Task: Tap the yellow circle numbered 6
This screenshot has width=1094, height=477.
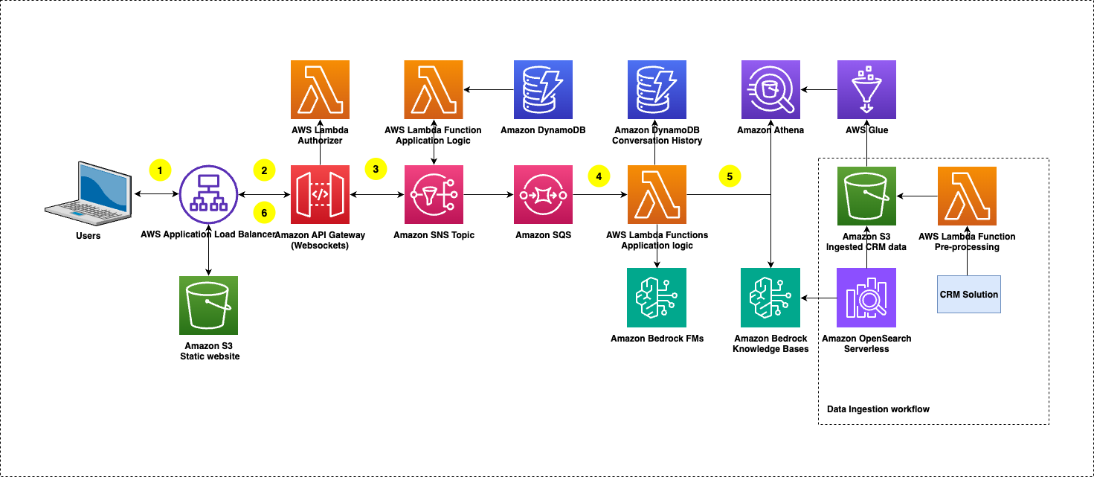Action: coord(263,212)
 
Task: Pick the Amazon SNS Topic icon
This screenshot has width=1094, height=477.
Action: coord(434,195)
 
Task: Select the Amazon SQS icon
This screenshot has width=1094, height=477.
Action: coord(543,195)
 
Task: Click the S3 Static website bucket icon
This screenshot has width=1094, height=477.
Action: coord(209,305)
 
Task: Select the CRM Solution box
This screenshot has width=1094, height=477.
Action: coord(969,294)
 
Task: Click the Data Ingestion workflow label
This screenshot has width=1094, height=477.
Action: coord(878,409)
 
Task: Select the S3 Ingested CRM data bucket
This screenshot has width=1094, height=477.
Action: coord(866,196)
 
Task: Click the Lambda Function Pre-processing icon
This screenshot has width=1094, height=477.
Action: coord(967,196)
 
